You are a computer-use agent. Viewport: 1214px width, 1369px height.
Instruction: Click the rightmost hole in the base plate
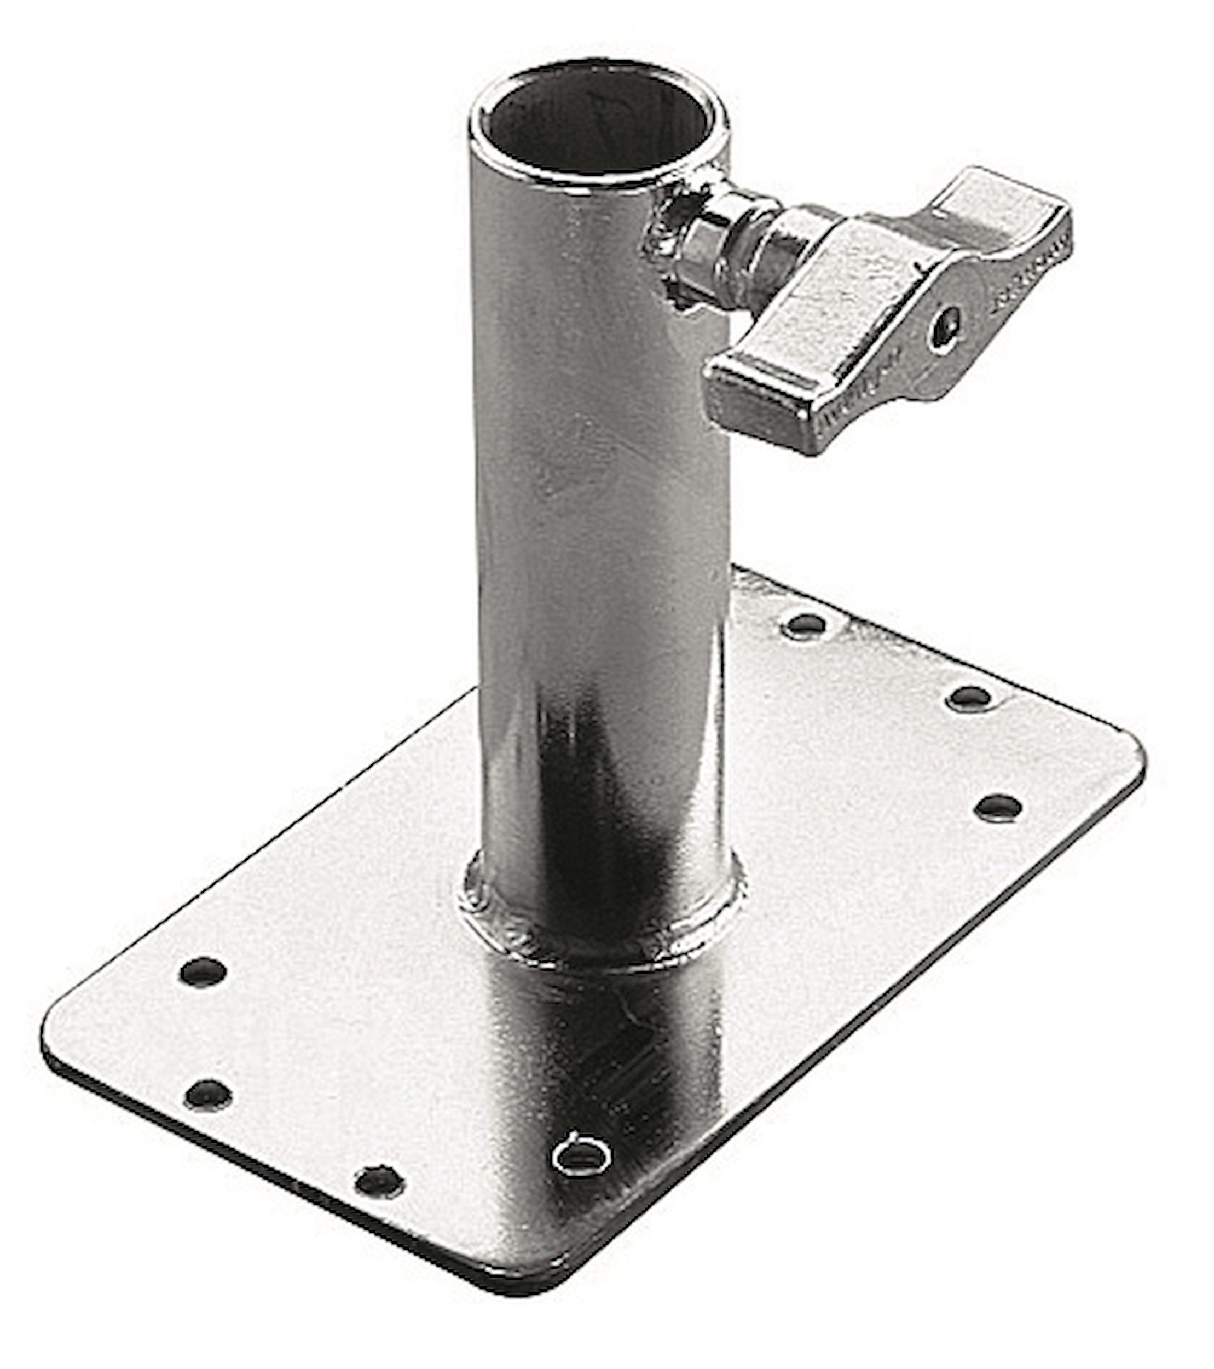998,807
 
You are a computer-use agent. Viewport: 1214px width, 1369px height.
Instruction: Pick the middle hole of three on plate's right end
969,699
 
